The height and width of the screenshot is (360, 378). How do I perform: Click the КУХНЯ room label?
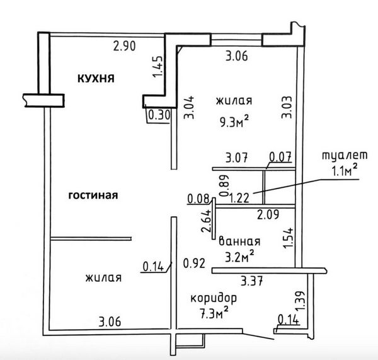coord(96,79)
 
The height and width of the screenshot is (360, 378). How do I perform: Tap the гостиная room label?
coord(93,195)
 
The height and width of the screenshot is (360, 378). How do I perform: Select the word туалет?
coord(345,155)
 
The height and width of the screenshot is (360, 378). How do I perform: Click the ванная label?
coord(239,241)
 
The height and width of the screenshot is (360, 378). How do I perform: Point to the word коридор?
coord(214,298)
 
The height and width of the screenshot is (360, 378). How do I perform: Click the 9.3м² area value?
coord(234,122)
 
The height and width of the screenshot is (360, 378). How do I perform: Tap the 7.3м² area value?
coord(214,313)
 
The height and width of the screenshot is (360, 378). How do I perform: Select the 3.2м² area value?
coord(239,256)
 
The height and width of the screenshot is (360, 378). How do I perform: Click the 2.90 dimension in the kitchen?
coord(124,46)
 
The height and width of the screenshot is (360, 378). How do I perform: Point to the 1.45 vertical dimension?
coord(157,67)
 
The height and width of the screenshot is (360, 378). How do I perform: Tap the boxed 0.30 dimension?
coord(159,115)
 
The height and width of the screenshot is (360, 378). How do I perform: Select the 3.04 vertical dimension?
coord(188,108)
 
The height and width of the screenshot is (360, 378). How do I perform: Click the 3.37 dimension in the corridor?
coord(251,281)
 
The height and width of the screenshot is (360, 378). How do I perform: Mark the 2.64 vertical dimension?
coord(207,221)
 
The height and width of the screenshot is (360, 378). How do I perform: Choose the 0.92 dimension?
coord(194,263)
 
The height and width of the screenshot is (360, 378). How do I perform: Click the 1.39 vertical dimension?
coord(300,301)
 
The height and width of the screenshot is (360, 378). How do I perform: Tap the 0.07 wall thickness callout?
coord(280,156)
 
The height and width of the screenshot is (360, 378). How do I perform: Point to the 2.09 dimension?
coord(268,214)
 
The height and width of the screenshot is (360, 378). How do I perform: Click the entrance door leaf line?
coord(258,336)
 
